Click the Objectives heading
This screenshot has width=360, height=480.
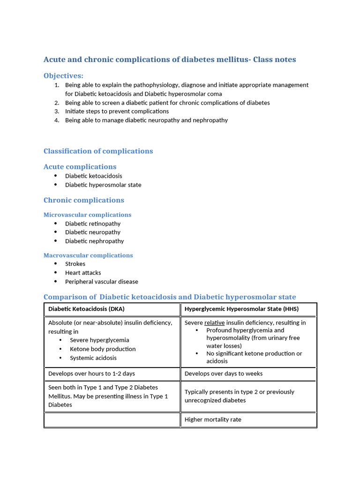point(63,76)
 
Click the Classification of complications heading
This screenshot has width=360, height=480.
point(98,151)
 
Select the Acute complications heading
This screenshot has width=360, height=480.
point(80,167)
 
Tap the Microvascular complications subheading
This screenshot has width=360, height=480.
point(87,215)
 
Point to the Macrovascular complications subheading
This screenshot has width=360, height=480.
point(88,255)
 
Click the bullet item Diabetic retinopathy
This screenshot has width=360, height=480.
point(93,224)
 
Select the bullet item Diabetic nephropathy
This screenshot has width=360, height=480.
point(94,241)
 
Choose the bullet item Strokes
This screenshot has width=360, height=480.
point(75,264)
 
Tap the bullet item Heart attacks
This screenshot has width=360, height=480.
point(83,273)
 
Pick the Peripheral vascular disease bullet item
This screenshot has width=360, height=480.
point(101,282)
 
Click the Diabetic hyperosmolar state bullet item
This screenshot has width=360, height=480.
point(103,185)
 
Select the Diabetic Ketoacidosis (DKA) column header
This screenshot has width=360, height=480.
point(86,309)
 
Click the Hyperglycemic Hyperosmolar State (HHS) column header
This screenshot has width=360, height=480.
point(241,309)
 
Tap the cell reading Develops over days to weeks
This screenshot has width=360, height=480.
point(224,374)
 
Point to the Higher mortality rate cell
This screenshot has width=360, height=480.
point(213,420)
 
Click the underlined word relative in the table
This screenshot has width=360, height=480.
point(214,323)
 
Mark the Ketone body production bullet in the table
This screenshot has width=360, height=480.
point(103,349)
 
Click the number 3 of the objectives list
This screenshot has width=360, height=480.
point(56,112)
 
